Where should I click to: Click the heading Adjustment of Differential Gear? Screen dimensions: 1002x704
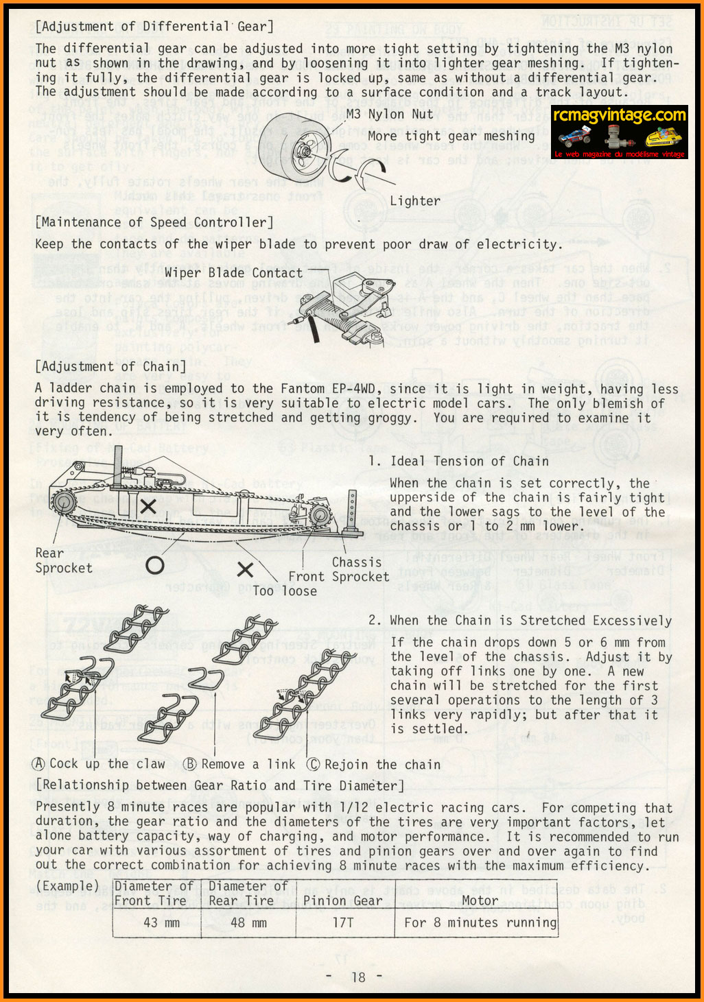click(154, 27)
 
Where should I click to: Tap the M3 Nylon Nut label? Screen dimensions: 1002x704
click(390, 115)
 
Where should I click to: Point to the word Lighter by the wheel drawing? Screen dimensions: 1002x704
click(415, 201)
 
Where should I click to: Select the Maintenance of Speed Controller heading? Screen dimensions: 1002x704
click(154, 222)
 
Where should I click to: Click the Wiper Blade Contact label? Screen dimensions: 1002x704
click(233, 273)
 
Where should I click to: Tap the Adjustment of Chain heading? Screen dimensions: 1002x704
click(110, 366)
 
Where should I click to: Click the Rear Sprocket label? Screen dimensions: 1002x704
click(63, 560)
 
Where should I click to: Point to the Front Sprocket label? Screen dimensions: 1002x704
click(338, 577)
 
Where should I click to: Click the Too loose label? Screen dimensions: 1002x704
click(285, 591)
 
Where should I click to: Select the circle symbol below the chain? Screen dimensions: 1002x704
click(155, 565)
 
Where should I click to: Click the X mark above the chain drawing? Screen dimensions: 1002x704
click(148, 507)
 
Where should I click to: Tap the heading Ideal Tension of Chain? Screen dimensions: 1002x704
click(469, 461)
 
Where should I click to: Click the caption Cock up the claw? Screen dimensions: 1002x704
click(99, 764)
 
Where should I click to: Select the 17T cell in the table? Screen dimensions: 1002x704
click(343, 922)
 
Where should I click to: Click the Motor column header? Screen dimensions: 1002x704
click(480, 900)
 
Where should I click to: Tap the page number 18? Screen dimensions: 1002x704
click(358, 977)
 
